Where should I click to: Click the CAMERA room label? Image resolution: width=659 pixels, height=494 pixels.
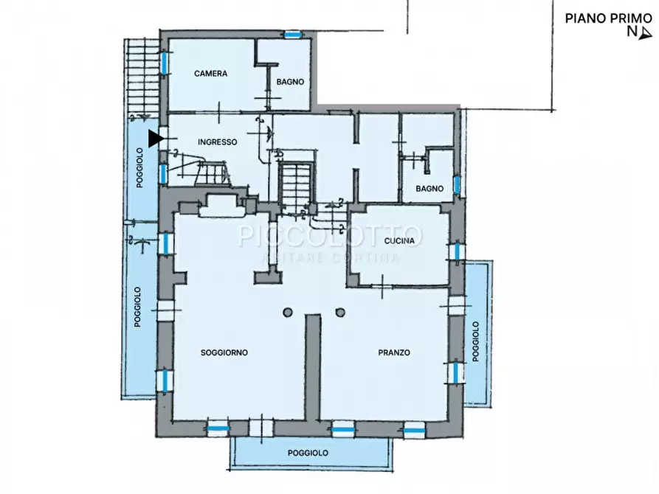(x=210, y=74)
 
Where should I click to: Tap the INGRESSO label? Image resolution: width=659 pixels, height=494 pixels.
(x=217, y=142)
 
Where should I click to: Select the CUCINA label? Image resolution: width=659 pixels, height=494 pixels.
(x=399, y=240)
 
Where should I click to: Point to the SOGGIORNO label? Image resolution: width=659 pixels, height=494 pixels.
(x=224, y=352)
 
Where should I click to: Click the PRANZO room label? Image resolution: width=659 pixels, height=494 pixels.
(x=394, y=352)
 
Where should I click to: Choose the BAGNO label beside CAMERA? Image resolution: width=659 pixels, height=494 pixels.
(x=290, y=82)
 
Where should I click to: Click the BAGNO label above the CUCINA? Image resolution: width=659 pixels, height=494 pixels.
(x=429, y=189)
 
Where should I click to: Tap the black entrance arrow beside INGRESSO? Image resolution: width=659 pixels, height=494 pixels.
(x=156, y=139)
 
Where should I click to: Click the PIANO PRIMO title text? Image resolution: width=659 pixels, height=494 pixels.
(x=609, y=18)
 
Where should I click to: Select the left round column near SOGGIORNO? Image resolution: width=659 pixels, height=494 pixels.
(x=288, y=312)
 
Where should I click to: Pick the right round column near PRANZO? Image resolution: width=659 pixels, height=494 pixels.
(x=340, y=312)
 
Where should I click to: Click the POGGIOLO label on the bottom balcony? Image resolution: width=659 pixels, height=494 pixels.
(x=308, y=453)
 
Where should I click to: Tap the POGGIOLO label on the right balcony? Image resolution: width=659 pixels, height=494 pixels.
(x=476, y=341)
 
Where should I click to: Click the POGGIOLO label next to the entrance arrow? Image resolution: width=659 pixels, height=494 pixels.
(x=140, y=167)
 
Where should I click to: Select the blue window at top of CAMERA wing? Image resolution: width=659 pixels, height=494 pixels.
(x=293, y=35)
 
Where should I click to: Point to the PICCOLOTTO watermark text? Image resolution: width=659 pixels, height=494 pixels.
(x=330, y=236)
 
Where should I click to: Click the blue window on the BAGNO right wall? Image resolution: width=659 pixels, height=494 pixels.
(x=457, y=184)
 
